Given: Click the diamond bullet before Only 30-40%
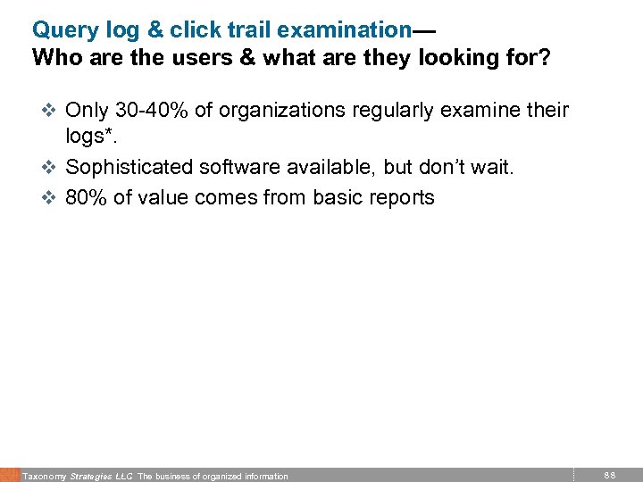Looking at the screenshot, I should [x=48, y=111].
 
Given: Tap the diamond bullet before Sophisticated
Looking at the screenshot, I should [x=48, y=168].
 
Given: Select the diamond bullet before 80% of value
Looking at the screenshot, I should [x=48, y=197].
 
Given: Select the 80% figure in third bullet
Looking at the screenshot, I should [x=87, y=196].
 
